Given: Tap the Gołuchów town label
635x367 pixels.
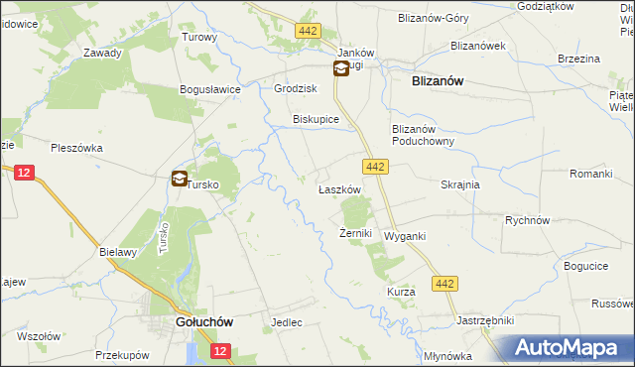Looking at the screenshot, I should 202,322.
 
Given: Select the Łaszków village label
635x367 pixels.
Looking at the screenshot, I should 337,189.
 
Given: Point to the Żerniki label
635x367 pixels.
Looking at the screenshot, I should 355,234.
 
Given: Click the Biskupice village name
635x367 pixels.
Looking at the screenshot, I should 316,119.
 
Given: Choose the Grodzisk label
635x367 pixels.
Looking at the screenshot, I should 295,88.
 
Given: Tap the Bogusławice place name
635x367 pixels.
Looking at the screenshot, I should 211,89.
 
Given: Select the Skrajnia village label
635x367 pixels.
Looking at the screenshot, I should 460,184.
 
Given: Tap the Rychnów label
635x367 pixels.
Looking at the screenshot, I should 527,221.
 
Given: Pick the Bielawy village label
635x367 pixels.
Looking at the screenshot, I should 117,252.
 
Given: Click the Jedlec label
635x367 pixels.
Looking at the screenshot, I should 286,323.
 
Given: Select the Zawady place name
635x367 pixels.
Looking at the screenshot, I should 102,54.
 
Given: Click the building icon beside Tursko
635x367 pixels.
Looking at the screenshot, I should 179,179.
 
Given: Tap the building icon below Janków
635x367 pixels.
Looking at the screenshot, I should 340,67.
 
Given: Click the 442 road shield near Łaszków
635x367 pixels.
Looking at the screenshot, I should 374,167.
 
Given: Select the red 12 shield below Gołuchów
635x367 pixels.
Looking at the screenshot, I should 220,351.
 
